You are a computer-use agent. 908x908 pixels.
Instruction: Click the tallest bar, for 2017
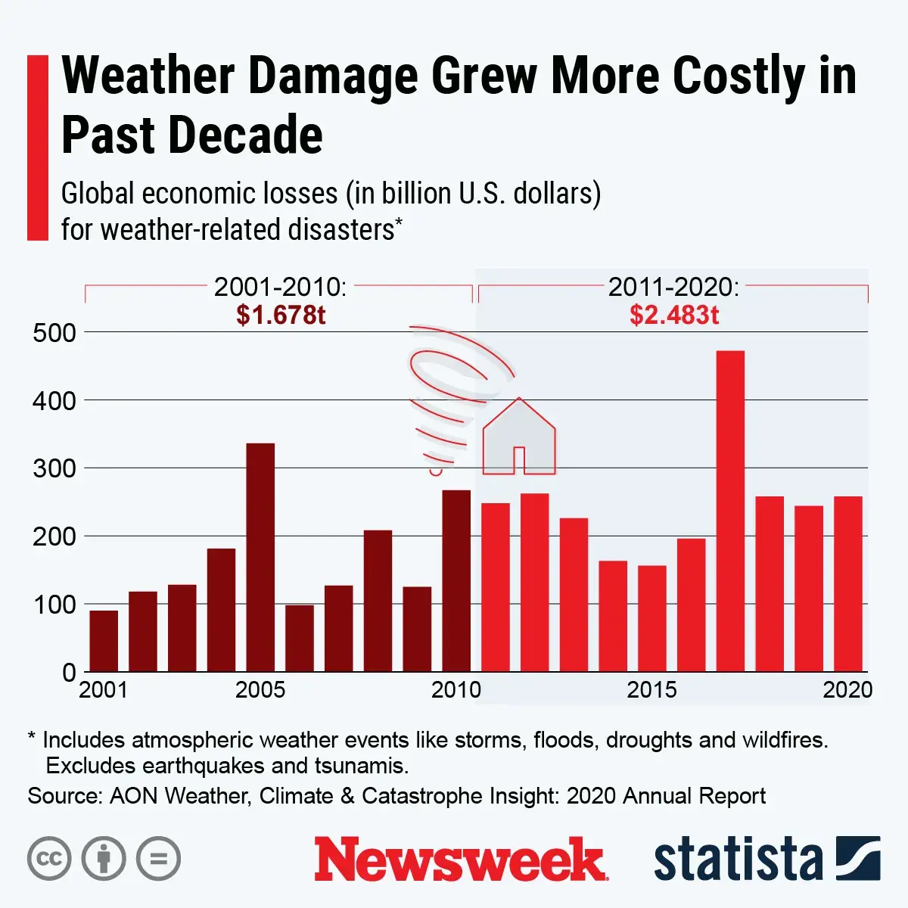[x=730, y=511]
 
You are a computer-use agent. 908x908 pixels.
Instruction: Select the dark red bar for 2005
[x=260, y=557]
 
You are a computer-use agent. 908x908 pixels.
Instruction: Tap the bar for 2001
[x=104, y=641]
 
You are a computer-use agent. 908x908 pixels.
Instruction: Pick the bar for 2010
[x=456, y=580]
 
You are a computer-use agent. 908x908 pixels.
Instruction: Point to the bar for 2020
[x=848, y=583]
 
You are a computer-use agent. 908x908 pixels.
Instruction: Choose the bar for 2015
[x=652, y=618]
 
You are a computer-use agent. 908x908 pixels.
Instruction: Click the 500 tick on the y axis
[x=54, y=333]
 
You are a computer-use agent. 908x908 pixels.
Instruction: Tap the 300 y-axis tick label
[x=54, y=468]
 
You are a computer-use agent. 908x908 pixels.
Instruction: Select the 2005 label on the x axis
[x=260, y=690]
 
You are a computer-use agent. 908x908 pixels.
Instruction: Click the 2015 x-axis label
[x=652, y=690]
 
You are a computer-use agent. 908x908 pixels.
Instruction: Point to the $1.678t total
[x=281, y=315]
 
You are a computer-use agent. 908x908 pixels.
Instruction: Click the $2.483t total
[x=674, y=315]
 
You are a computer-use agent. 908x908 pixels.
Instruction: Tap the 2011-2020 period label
[x=673, y=288]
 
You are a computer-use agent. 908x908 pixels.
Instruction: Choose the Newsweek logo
[x=459, y=860]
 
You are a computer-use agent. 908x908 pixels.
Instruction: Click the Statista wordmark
[x=738, y=860]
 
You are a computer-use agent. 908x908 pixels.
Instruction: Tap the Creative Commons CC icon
[x=49, y=859]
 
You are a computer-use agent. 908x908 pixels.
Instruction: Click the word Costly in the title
[x=739, y=77]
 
